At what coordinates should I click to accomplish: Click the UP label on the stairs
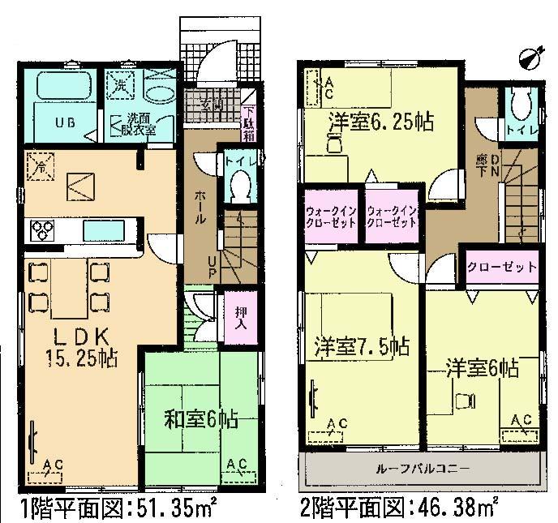click(x=212, y=268)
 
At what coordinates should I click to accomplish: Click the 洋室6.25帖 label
click(x=380, y=123)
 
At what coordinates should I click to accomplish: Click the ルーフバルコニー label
click(x=423, y=468)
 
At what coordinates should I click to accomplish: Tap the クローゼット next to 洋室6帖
click(x=502, y=266)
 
